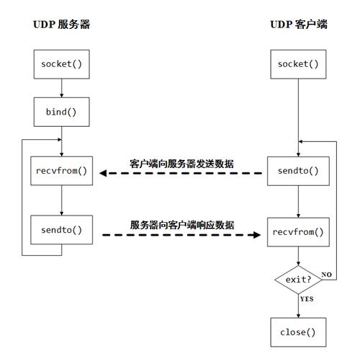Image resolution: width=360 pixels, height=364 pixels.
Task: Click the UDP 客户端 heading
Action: (x=298, y=25)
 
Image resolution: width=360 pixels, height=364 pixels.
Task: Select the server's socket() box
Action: (x=61, y=64)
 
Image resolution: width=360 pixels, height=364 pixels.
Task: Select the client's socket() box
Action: (x=298, y=64)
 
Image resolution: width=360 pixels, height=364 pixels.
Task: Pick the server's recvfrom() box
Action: (x=61, y=171)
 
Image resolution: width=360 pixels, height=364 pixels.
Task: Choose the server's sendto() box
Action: (x=61, y=230)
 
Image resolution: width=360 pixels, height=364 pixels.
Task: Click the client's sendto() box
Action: (x=298, y=172)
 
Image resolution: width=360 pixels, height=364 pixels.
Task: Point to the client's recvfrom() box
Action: (x=298, y=232)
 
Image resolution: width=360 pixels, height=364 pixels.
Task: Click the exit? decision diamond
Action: (x=297, y=277)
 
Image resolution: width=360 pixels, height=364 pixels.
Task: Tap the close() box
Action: (x=298, y=332)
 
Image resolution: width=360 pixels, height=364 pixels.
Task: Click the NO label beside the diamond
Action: (x=326, y=275)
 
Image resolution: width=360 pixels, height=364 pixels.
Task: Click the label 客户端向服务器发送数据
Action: (x=181, y=164)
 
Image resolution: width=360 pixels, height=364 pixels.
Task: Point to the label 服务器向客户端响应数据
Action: (x=181, y=224)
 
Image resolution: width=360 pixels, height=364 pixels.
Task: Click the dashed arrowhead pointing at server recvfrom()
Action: (x=104, y=173)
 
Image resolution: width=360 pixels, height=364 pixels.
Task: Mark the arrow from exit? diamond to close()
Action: (x=298, y=304)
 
